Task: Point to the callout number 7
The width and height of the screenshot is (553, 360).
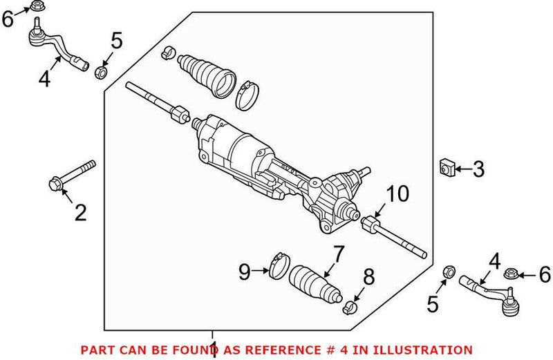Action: tap(337, 255)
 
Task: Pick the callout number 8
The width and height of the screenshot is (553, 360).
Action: tap(368, 278)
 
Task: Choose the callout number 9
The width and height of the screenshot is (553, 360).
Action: tap(245, 272)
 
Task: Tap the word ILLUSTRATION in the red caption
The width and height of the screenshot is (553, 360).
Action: tap(429, 350)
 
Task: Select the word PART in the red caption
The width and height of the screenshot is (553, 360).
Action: tap(96, 350)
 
